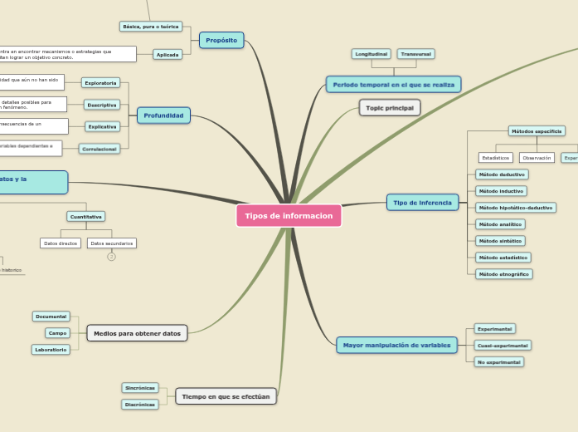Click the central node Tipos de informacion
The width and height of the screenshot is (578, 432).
click(289, 216)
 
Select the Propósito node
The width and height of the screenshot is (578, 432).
click(221, 40)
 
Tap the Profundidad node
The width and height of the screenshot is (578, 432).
click(163, 115)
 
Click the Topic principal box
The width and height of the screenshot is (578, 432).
click(390, 108)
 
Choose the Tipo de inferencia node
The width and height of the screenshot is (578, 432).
click(422, 203)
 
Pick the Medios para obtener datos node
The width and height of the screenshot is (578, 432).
click(137, 333)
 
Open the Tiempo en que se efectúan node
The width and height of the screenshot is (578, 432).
click(226, 396)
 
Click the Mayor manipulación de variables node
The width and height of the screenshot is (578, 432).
click(396, 345)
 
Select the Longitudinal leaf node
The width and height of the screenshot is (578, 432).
click(371, 54)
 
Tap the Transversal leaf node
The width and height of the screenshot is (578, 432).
click(415, 54)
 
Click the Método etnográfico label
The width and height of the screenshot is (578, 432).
click(503, 274)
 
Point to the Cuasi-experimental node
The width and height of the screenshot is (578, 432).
click(503, 345)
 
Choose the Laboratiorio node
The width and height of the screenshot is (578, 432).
click(51, 350)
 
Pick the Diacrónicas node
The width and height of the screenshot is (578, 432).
click(140, 405)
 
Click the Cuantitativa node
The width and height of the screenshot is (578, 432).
click(86, 217)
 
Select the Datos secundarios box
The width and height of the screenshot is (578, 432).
click(112, 243)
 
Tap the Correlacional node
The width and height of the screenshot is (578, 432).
click(100, 149)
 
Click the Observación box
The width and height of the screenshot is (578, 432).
click(537, 158)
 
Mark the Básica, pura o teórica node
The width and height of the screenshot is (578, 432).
click(150, 27)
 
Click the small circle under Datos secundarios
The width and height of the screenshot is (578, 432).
click(111, 257)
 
